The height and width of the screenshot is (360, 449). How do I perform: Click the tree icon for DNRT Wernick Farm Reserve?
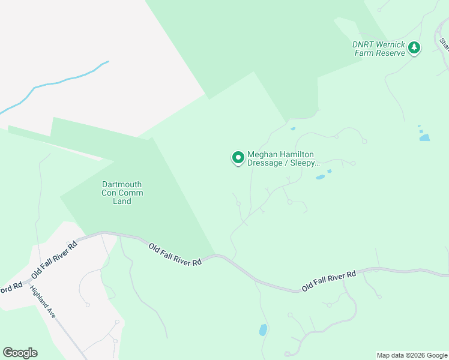pyautogui.click(x=414, y=48)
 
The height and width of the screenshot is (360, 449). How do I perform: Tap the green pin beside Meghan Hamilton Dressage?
pyautogui.click(x=238, y=158)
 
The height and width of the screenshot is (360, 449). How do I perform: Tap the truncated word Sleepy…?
pyautogui.click(x=305, y=163)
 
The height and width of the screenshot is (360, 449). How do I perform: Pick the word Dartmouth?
pyautogui.click(x=122, y=184)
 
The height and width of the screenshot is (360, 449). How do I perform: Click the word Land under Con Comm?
pyautogui.click(x=122, y=201)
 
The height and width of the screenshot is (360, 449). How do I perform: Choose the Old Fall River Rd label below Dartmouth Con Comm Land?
pyautogui.click(x=175, y=253)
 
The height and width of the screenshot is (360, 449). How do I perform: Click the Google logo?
pyautogui.click(x=20, y=353)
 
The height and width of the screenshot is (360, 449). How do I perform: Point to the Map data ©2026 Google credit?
pyautogui.click(x=412, y=355)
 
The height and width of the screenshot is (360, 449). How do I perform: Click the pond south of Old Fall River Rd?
pyautogui.click(x=262, y=330)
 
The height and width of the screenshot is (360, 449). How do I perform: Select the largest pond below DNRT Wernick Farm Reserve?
pyautogui.click(x=424, y=137)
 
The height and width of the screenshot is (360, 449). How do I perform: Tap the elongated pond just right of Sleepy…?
pyautogui.click(x=321, y=177)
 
